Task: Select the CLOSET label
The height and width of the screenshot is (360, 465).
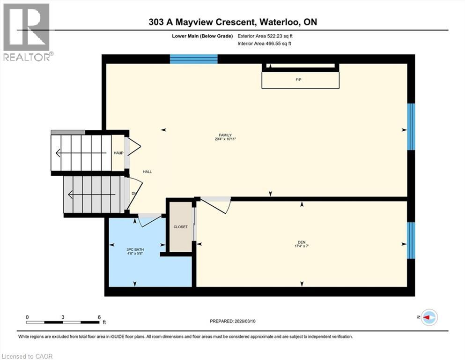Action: pos(180,227)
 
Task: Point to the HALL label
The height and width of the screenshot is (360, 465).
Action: pos(148,172)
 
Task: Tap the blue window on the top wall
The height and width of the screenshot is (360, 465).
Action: pos(193,59)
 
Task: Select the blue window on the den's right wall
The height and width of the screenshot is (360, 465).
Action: pos(411,240)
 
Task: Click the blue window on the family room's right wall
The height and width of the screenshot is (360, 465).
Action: pos(411,127)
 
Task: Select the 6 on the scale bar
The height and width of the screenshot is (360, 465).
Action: pos(99,317)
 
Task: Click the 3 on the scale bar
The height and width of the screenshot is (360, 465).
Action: pos(63,317)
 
